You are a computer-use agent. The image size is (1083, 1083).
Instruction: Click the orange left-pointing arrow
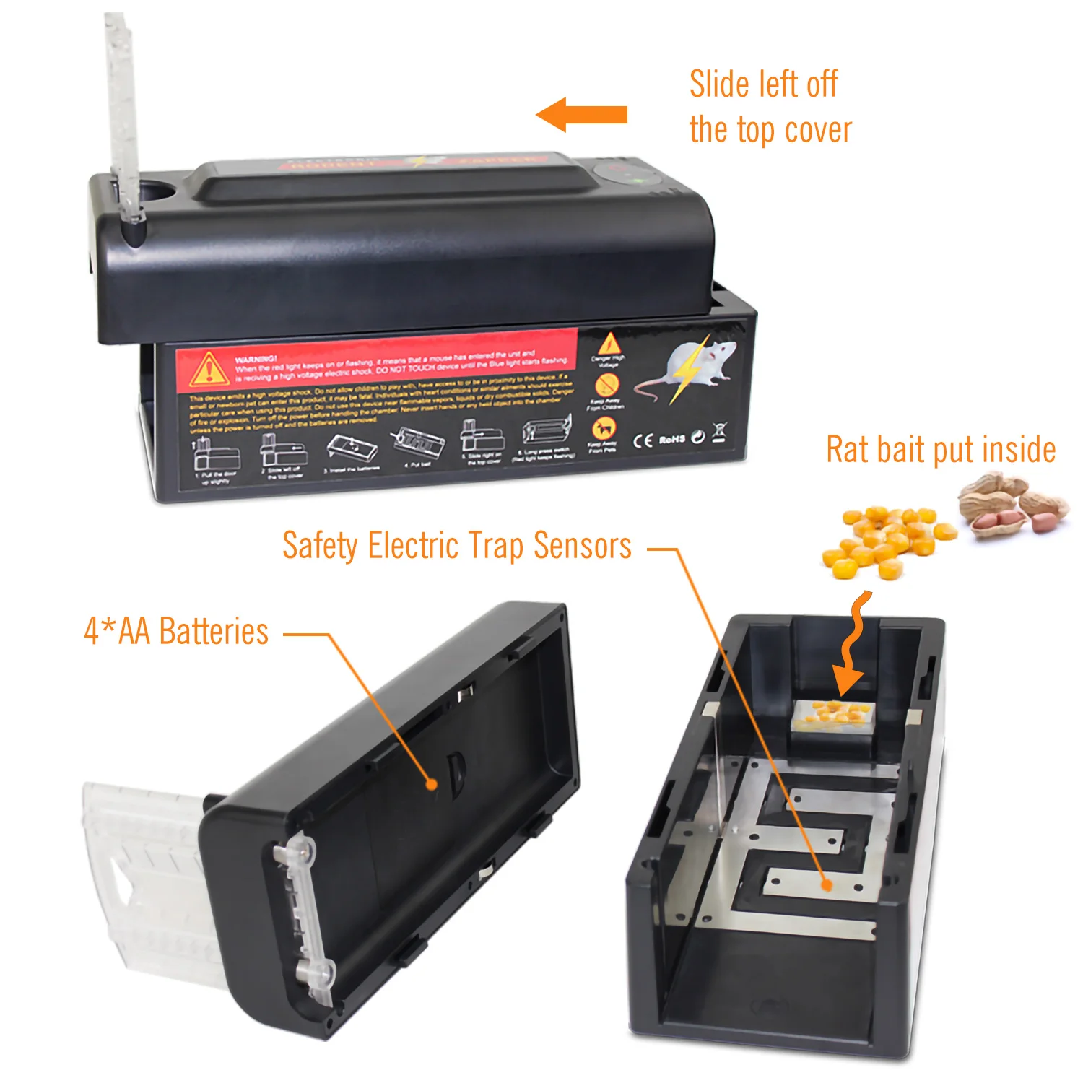click(582, 115)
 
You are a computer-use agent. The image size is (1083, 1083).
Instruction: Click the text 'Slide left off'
click(763, 84)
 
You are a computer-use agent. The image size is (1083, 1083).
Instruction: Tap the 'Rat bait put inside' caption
click(940, 449)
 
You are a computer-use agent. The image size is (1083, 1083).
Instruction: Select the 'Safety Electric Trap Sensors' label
click(456, 545)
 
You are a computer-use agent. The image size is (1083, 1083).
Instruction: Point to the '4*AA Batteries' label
click(176, 631)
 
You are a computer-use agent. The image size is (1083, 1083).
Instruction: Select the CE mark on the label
click(643, 440)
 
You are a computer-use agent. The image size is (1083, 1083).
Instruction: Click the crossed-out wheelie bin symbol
click(719, 433)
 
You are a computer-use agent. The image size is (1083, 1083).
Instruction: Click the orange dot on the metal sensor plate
click(827, 884)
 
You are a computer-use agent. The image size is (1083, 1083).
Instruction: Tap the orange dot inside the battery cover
click(431, 783)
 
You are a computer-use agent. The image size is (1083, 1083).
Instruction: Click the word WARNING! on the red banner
click(256, 359)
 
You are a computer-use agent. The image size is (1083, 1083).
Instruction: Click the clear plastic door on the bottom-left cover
click(144, 881)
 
